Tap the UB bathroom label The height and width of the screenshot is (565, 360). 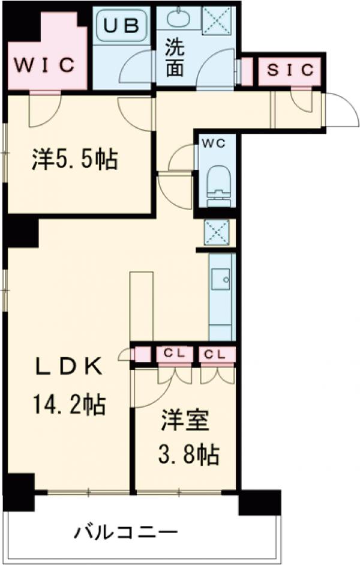(x=123, y=25)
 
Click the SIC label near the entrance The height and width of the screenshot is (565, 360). (x=290, y=70)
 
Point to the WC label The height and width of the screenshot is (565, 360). (x=214, y=143)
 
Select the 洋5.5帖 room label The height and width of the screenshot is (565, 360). (x=74, y=160)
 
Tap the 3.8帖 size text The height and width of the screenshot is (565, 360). (x=188, y=456)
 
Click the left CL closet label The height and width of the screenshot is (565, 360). (x=175, y=354)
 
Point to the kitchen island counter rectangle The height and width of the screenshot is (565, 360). (x=142, y=306)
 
